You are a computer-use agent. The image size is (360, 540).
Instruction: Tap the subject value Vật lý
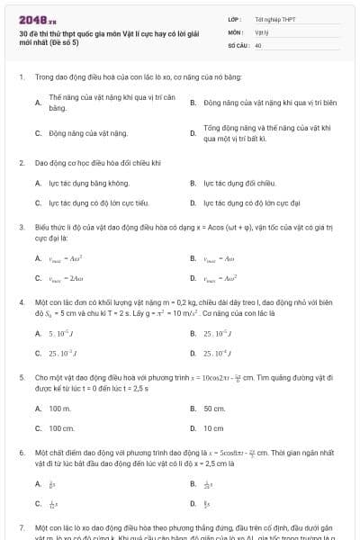pos(261,31)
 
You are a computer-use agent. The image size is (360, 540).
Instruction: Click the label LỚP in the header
pos(234,18)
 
